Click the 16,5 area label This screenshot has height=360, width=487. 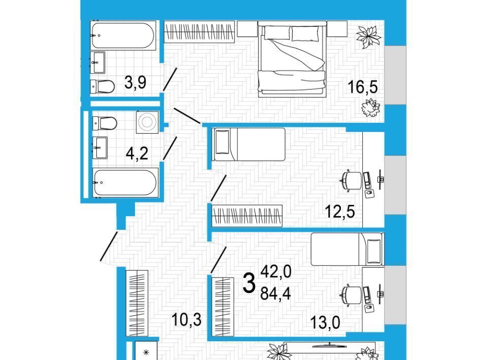(362, 87)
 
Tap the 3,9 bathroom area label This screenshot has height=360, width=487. (135, 83)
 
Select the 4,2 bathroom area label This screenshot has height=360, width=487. (136, 153)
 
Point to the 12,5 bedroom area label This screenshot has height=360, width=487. (339, 211)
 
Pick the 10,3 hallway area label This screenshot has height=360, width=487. (186, 319)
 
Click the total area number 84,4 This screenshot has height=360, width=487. (275, 293)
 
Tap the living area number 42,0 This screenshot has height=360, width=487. (276, 272)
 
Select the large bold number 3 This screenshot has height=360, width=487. (249, 283)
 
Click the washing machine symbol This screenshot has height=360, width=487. (147, 122)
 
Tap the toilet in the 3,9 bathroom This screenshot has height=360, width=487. (102, 87)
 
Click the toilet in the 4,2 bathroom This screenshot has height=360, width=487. (105, 123)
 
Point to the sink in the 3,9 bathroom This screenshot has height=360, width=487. (98, 62)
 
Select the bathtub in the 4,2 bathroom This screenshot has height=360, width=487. (125, 183)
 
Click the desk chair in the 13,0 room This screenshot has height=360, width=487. (351, 295)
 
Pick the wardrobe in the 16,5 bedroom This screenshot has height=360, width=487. (199, 31)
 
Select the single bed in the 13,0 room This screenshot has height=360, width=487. (347, 249)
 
